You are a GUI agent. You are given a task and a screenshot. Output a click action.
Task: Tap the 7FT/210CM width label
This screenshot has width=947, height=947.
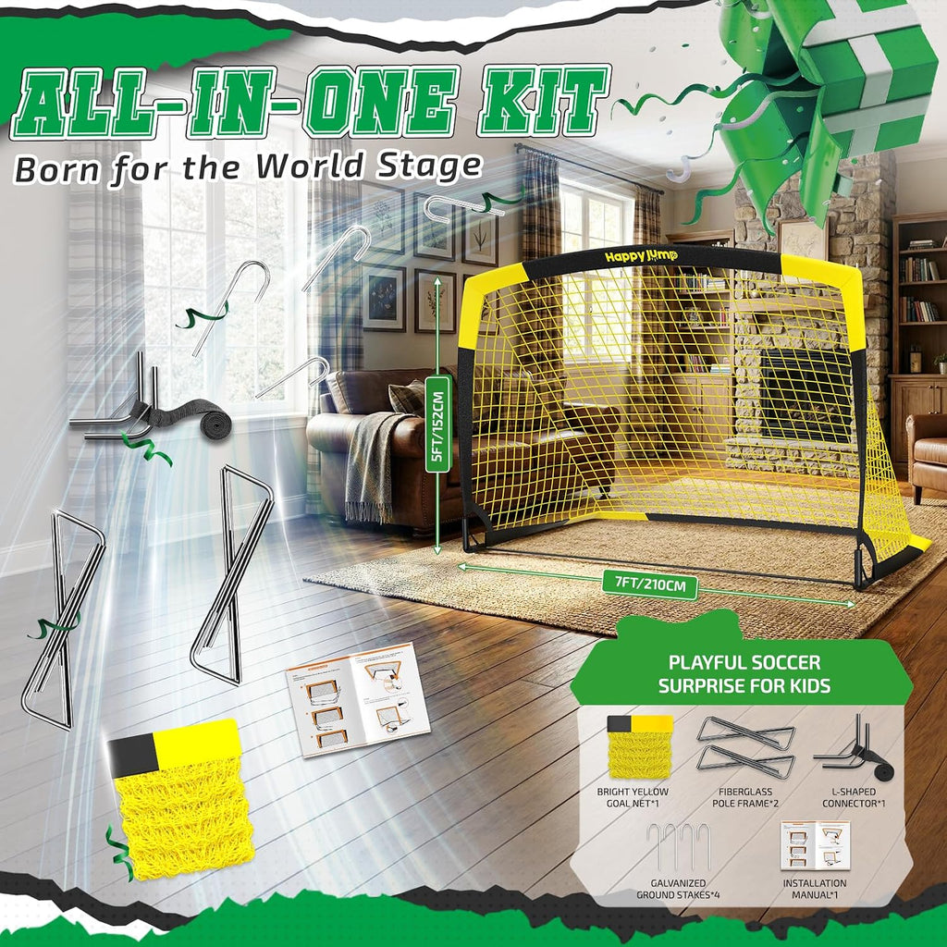pyautogui.click(x=650, y=584)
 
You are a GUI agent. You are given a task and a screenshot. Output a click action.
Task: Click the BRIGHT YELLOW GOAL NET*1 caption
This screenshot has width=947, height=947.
pyautogui.click(x=633, y=797)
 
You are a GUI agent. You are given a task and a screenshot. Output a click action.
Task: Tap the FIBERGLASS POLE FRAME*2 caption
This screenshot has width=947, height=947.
pyautogui.click(x=745, y=797)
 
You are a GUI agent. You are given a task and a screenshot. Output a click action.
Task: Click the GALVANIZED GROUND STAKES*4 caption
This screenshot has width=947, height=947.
pyautogui.click(x=678, y=889)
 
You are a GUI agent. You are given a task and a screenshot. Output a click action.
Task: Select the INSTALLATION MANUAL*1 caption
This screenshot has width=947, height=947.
pyautogui.click(x=814, y=889)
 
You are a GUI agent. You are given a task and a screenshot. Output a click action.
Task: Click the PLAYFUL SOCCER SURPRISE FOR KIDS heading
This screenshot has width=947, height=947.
pyautogui.click(x=744, y=674)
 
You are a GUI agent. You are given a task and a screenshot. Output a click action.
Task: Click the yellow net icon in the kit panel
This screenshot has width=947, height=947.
pyautogui.click(x=640, y=747)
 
